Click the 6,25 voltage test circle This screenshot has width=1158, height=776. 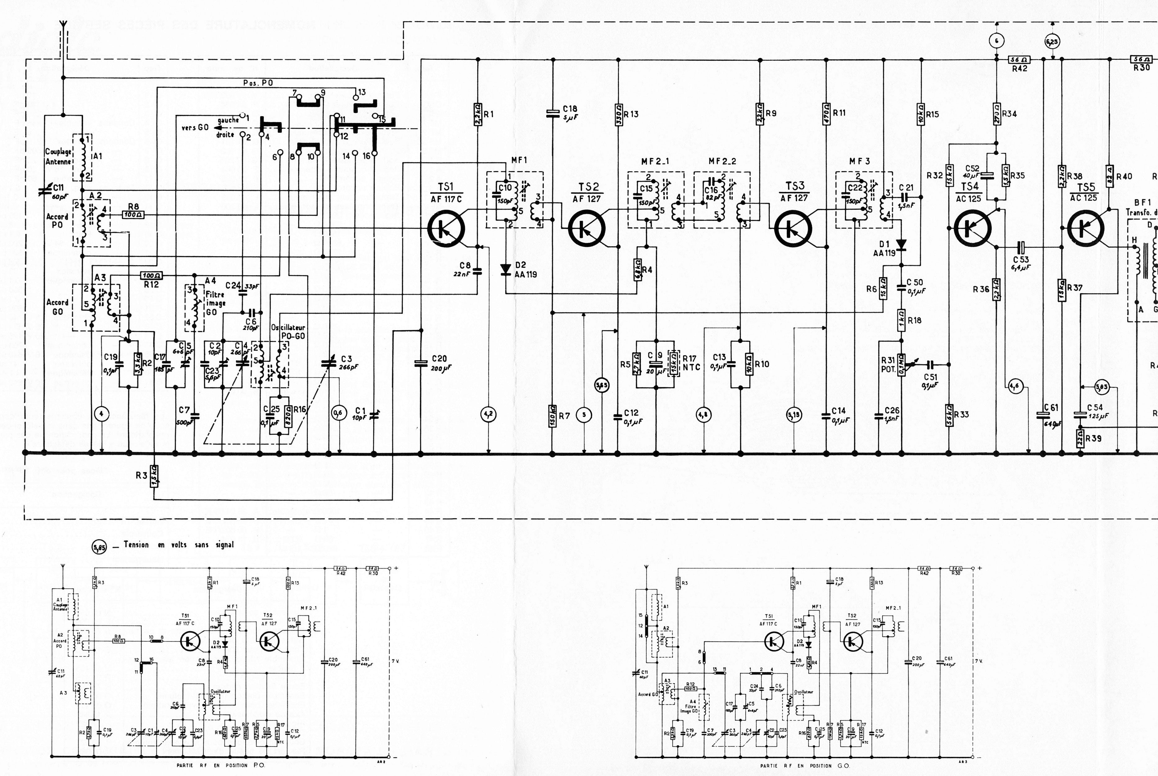[x=1052, y=42]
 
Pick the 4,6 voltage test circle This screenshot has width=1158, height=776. [x=1015, y=386]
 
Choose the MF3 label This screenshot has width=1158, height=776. [x=859, y=161]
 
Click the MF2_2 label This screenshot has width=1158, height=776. [x=722, y=161]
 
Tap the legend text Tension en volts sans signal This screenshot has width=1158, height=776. [x=178, y=545]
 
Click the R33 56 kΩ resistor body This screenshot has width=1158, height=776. [x=949, y=415]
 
